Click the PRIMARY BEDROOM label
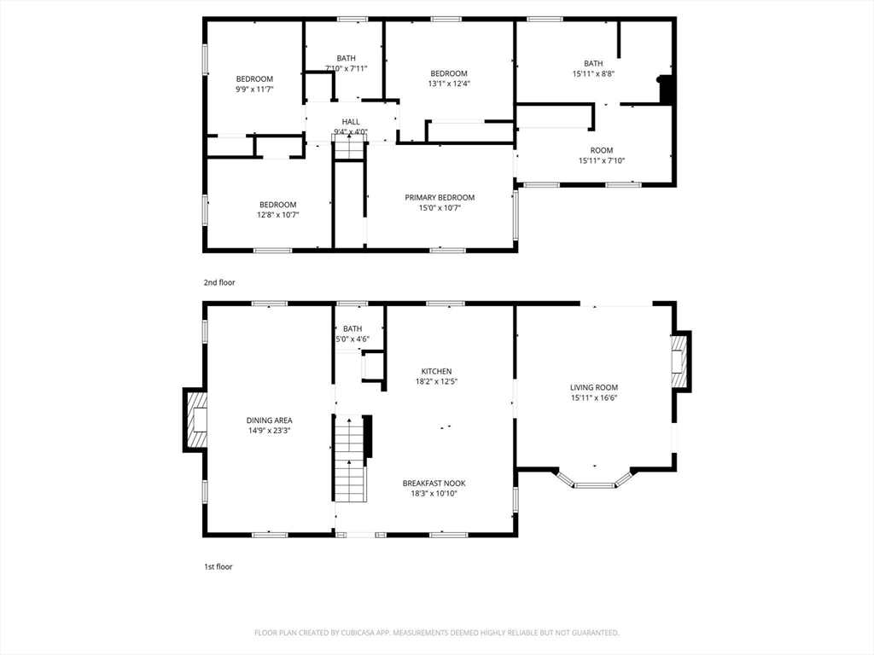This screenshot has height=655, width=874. [440, 198]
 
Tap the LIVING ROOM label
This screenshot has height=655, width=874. [594, 387]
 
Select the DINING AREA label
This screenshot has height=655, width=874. [270, 420]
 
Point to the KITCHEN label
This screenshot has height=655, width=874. [436, 371]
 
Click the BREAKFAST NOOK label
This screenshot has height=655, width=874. [434, 483]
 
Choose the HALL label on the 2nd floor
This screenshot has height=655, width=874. [351, 122]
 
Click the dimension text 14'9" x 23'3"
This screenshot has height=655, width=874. [270, 431]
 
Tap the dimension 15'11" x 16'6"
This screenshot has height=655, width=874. [594, 397]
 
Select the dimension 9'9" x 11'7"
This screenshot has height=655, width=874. [254, 89]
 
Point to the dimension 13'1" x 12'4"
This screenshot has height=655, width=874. [449, 84]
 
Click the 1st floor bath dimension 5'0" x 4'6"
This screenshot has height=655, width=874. [353, 339]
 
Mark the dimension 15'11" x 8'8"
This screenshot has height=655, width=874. [593, 73]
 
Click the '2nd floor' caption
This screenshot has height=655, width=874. [218, 282]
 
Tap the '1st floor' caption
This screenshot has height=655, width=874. [218, 566]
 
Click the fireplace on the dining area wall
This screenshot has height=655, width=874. [196, 420]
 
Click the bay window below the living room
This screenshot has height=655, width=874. [594, 483]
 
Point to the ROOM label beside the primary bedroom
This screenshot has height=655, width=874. [602, 150]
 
